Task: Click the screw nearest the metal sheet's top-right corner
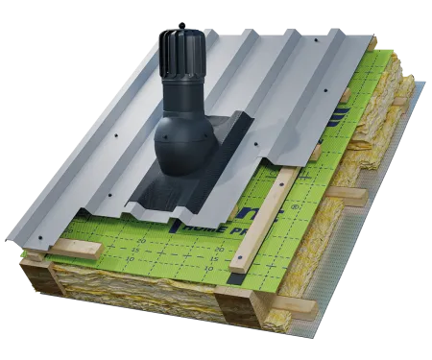pos(340,48)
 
